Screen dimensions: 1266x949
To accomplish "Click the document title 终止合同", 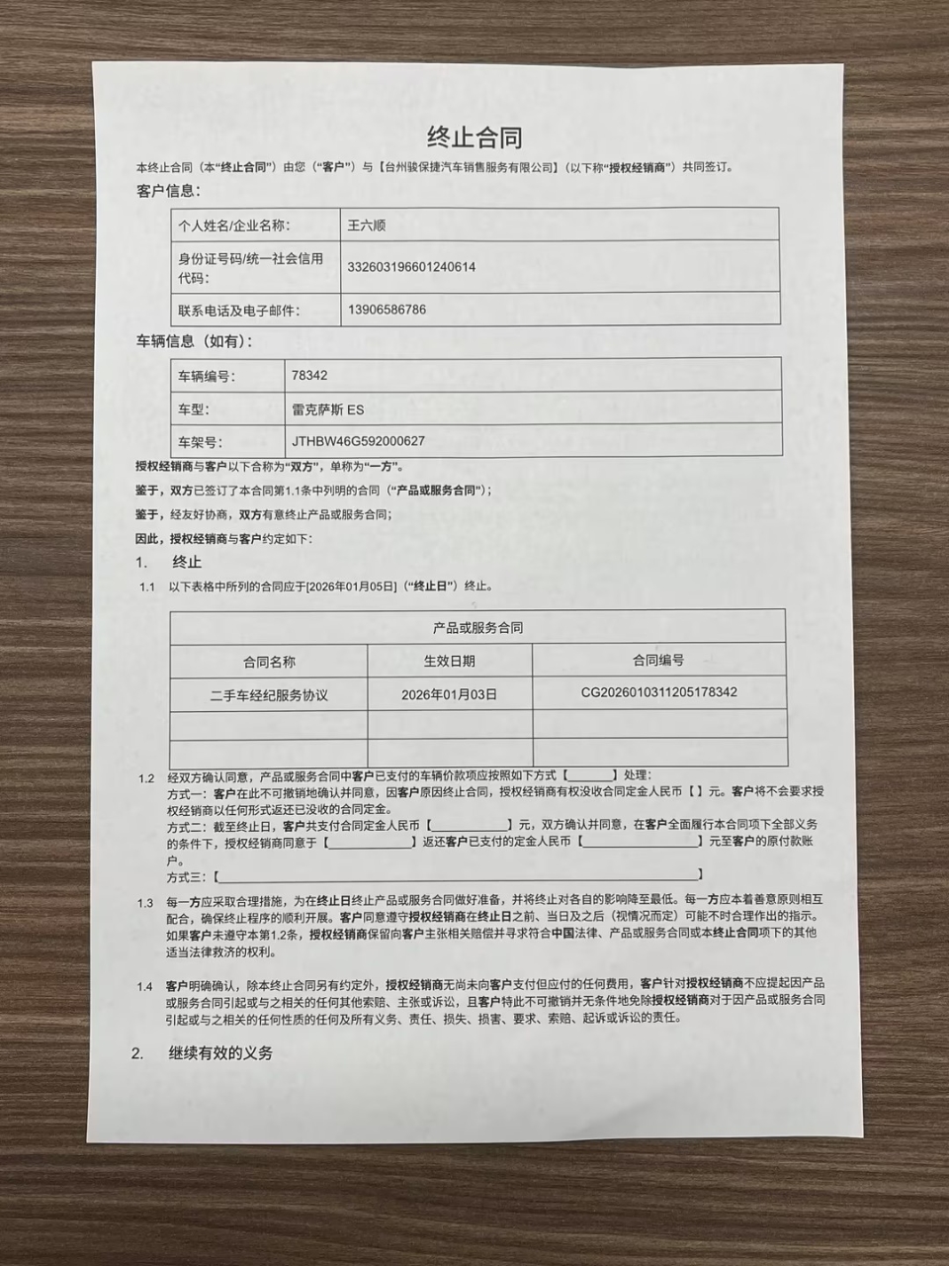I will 474,136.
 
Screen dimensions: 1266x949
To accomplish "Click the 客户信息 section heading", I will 168,191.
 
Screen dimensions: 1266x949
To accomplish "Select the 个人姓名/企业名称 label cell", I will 233,226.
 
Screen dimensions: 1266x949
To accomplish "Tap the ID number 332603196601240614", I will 411,267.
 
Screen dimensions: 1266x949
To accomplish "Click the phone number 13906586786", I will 387,310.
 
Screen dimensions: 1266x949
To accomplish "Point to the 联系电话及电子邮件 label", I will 238,311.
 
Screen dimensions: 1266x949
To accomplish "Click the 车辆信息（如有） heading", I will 195,341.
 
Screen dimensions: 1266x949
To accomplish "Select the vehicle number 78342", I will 309,376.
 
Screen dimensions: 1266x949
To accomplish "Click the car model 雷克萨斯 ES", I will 328,408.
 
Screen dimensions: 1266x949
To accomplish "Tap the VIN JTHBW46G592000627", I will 359,441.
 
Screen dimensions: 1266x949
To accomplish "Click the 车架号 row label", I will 200,442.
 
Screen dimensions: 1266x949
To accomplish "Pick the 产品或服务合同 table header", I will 477,627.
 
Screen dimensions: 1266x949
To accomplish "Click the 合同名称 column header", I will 269,662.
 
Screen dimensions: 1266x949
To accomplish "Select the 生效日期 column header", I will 449,661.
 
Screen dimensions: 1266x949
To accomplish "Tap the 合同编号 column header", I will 658,660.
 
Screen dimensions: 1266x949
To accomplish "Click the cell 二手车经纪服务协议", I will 269,695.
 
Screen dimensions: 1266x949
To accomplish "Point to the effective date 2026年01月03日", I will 449,694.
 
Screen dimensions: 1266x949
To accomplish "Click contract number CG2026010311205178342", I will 658,692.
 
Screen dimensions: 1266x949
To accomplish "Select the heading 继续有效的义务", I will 220,1053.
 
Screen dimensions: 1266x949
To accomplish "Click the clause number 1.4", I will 145,986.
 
